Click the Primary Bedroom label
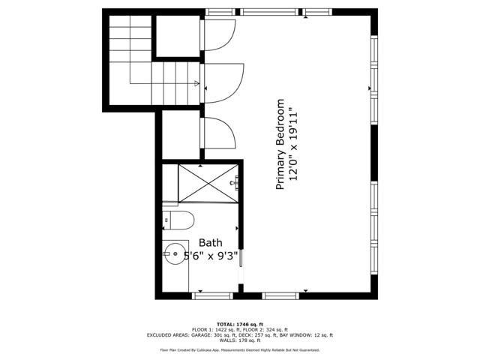[x=281, y=144]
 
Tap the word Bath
[x=210, y=242]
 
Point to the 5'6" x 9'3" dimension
[x=201, y=256]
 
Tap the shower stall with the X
[x=207, y=183]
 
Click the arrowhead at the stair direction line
[x=196, y=83]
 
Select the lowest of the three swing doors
[x=218, y=133]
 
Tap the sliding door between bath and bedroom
[x=240, y=266]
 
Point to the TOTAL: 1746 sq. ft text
[x=239, y=322]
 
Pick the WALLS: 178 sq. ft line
[x=239, y=341]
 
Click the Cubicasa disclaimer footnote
[x=239, y=350]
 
